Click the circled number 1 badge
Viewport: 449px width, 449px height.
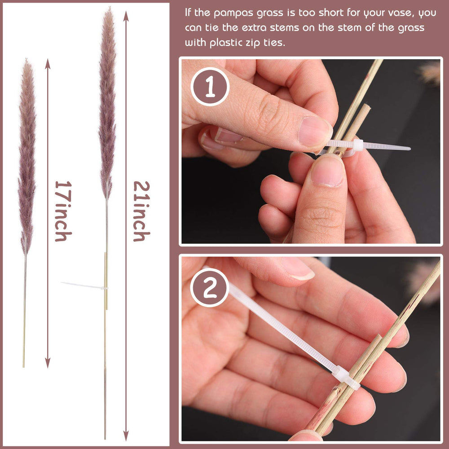[x=210, y=87]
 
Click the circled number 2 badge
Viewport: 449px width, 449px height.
[x=210, y=287]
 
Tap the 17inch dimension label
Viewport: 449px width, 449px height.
[x=63, y=211]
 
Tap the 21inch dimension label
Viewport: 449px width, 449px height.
[x=141, y=211]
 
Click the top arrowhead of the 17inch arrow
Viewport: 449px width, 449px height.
[x=48, y=63]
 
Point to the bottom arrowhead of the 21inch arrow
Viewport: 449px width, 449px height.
[x=126, y=435]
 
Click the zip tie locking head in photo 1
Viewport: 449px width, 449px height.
[x=358, y=145]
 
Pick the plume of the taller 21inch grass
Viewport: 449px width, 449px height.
[x=107, y=103]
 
